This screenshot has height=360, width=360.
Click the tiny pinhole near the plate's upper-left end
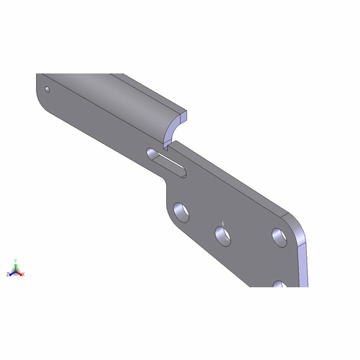(47, 90)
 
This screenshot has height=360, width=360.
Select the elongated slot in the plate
(167, 162)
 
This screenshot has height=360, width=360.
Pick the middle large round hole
(223, 236)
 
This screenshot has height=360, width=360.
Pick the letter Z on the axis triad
(8, 274)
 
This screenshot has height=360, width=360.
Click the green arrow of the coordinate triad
(16, 268)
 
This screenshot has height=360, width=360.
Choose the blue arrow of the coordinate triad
(12, 274)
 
